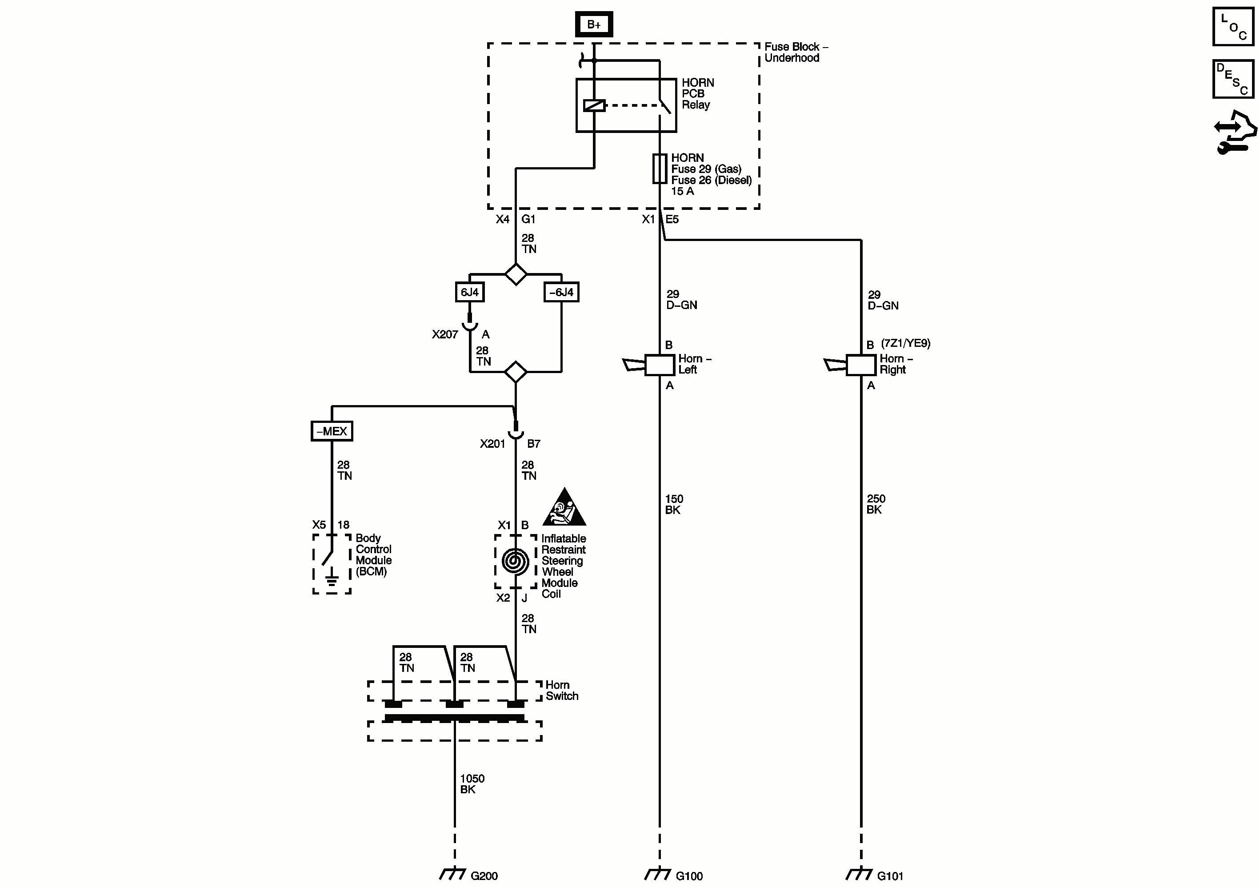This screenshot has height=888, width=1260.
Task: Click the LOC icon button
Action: pos(1233,26)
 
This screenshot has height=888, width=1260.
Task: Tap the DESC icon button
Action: pos(1233,79)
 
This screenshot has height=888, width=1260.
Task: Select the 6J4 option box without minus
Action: pos(470,292)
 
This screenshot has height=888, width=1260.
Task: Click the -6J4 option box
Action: pos(561,292)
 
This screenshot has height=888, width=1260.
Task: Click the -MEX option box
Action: pos(332,431)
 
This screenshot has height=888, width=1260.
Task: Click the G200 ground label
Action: pos(484,876)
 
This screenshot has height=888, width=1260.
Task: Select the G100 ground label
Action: pos(689,876)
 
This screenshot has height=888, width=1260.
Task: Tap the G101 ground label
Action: pos(890,876)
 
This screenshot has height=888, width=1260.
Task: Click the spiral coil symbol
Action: pos(515,562)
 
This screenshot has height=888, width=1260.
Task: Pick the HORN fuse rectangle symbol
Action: pos(660,169)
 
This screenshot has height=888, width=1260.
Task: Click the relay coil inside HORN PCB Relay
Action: pos(594,105)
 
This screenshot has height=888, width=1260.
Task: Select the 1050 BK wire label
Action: pos(472,784)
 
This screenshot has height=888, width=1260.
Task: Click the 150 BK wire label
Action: pos(674,504)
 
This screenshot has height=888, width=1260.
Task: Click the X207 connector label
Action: pos(444,334)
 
